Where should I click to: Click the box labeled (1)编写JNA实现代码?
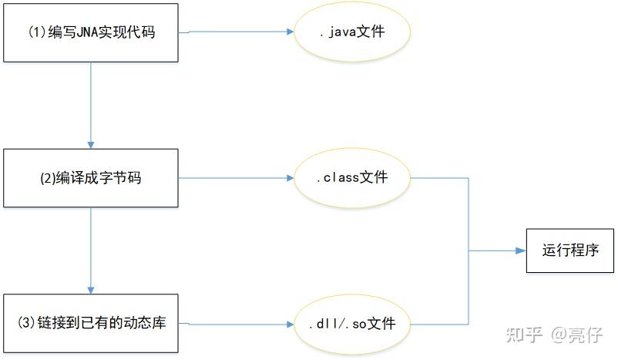[x=91, y=32]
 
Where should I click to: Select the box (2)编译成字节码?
[x=91, y=178]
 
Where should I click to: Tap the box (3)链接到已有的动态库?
[x=91, y=323]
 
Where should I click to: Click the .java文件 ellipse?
[x=352, y=32]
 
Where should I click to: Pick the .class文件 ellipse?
[x=352, y=178]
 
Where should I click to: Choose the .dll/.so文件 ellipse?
[x=352, y=324]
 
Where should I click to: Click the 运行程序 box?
[x=570, y=251]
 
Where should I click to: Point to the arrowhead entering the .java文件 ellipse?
[x=291, y=32]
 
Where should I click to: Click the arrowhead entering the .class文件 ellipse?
[x=291, y=178]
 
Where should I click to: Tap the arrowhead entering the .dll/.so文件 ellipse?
[x=291, y=324]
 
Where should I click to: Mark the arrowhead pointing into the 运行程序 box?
[x=521, y=251]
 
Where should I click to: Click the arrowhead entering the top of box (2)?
[x=91, y=145]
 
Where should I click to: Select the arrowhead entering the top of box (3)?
[x=91, y=291]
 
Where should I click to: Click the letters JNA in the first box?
[x=87, y=32]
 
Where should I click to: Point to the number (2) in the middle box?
[x=47, y=178]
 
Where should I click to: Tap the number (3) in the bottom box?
[x=27, y=323]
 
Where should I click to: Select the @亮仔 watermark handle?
[x=576, y=335]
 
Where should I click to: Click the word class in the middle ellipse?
[x=341, y=177]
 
